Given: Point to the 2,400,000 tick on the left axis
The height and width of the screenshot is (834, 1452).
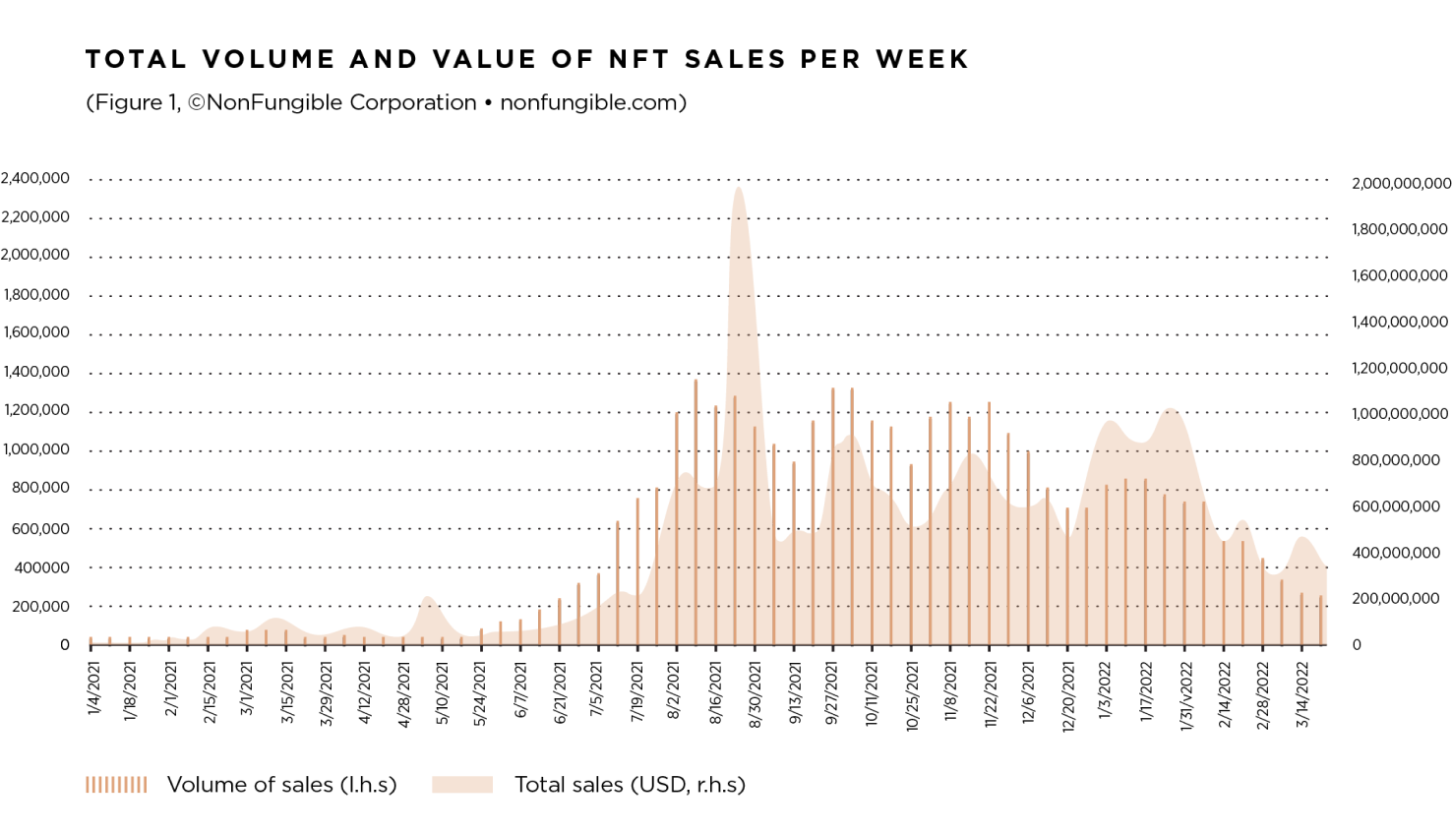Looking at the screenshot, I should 35,178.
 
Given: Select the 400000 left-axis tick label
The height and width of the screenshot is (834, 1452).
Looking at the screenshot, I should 41,567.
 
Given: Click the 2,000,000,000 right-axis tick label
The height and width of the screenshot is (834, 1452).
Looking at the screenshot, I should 1401,184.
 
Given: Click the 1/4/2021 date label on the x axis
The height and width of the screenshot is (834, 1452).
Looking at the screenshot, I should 94,688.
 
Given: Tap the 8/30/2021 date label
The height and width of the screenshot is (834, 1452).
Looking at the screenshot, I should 756,694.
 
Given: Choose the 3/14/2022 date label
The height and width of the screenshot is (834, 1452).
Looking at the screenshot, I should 1302,694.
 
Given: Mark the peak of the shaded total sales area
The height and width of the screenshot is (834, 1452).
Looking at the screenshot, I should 739,189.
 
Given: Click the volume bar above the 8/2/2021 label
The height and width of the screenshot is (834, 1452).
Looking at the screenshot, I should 677,531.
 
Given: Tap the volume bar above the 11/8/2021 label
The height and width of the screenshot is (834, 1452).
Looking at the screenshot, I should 950,521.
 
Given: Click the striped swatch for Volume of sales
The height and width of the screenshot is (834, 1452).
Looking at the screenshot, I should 116,784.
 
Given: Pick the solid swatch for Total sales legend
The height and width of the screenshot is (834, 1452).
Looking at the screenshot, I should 462,784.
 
